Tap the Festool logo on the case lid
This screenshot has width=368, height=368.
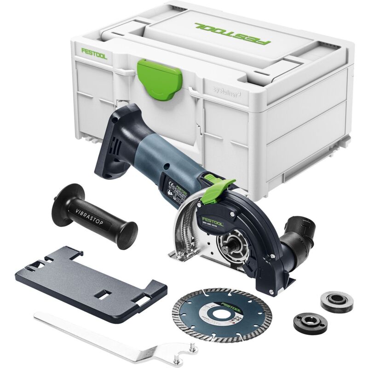(232, 33)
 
